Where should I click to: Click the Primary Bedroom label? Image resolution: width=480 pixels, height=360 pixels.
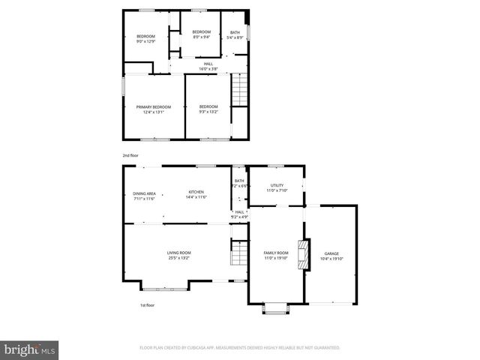(x=154, y=109)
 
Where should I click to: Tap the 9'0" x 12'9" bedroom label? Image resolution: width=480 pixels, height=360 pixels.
(x=145, y=39)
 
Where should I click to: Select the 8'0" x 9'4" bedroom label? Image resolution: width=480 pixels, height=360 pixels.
(x=202, y=34)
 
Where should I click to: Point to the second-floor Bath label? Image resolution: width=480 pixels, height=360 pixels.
(x=235, y=34)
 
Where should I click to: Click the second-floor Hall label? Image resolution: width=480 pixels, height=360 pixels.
(x=208, y=66)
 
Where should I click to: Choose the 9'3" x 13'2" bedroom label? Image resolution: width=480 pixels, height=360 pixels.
(x=208, y=109)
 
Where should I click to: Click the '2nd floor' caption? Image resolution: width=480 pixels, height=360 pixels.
(x=130, y=155)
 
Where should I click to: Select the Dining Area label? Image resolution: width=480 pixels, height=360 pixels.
(x=144, y=196)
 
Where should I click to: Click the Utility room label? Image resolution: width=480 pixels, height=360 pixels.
(x=277, y=187)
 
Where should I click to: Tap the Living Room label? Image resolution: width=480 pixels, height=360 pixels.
(x=178, y=255)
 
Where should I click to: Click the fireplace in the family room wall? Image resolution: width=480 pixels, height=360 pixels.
(x=303, y=254)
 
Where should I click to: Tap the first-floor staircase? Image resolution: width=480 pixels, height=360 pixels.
(x=238, y=253)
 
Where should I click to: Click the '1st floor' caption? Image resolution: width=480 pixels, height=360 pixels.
(x=147, y=305)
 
